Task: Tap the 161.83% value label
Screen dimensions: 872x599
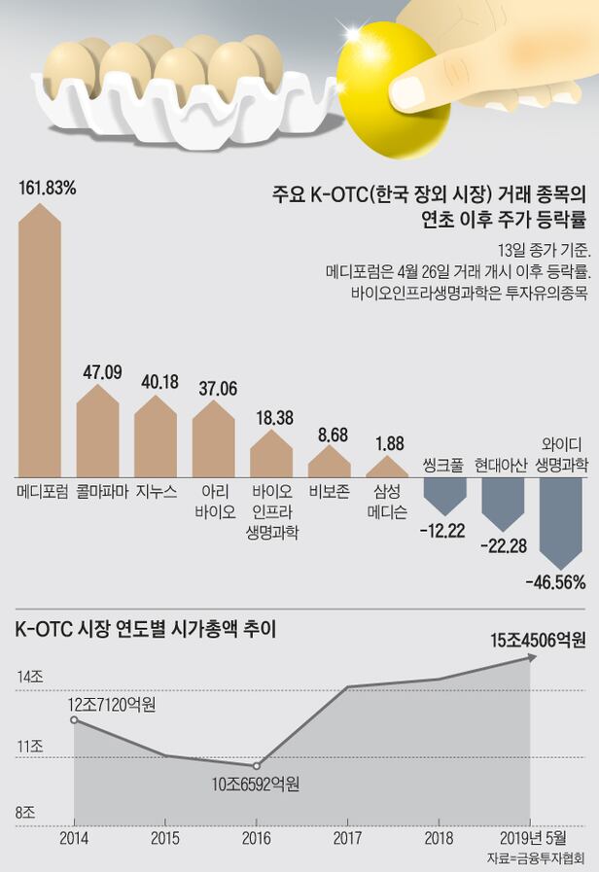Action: click(x=48, y=185)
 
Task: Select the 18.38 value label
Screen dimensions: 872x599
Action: click(x=271, y=417)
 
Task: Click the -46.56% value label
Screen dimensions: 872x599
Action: click(x=554, y=582)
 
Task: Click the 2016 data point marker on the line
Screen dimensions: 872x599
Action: click(x=257, y=766)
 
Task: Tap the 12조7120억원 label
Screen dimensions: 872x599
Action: click(x=112, y=702)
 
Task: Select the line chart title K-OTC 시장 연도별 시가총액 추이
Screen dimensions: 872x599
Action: click(x=146, y=630)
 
